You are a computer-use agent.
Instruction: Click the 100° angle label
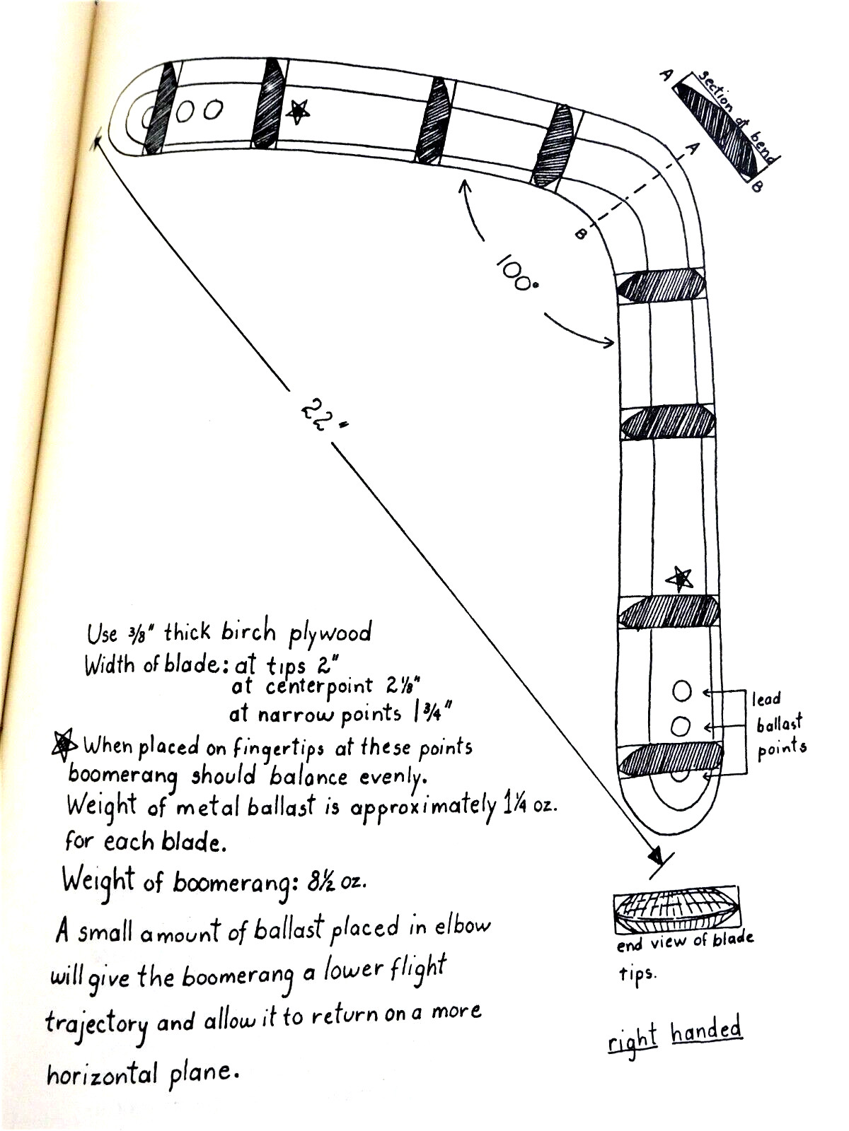[516, 271]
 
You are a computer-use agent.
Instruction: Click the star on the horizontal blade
[297, 111]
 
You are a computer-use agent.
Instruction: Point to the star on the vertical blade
[679, 580]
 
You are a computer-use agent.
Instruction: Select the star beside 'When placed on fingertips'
[64, 744]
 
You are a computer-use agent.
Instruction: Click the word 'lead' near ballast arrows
[766, 699]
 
